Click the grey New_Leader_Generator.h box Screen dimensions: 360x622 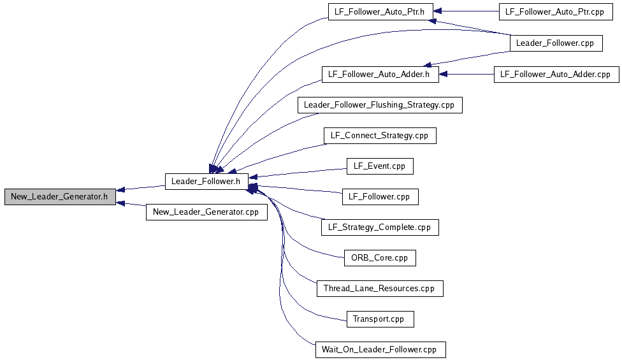(x=60, y=197)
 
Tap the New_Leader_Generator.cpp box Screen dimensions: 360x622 (x=206, y=212)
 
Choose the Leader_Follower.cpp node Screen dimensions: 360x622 (x=555, y=43)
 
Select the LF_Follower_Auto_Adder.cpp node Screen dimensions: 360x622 (x=555, y=75)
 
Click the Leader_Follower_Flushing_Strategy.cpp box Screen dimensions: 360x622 (x=379, y=105)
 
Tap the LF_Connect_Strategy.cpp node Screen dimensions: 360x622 (x=379, y=136)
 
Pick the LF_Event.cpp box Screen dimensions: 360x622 (x=379, y=166)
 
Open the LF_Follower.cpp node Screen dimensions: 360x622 (x=379, y=197)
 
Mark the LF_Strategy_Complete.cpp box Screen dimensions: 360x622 (x=379, y=227)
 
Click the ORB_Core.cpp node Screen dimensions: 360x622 (x=379, y=258)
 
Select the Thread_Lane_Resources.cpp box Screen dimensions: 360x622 (x=379, y=289)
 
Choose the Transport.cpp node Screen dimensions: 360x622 (x=379, y=319)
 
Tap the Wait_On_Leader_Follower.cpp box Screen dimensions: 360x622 (x=379, y=350)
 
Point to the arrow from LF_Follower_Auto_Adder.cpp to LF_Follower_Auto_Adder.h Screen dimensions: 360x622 (x=466, y=75)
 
